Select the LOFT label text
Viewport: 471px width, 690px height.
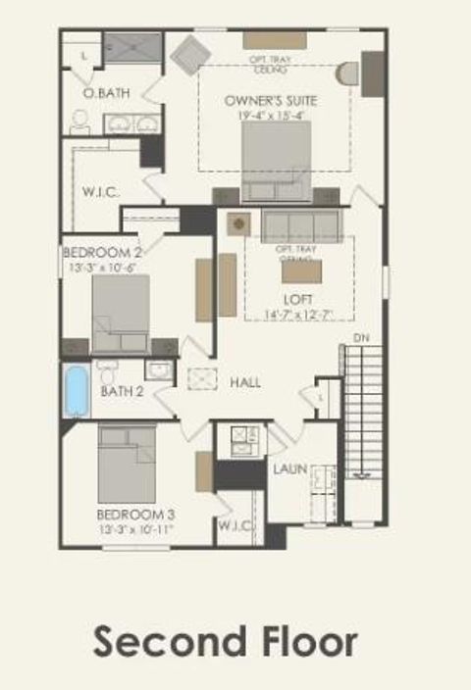point(297,300)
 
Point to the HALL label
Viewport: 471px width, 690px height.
point(245,382)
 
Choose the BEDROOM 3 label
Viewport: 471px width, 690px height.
point(135,515)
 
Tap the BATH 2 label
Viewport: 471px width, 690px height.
point(123,392)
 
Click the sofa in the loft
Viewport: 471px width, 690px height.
point(300,225)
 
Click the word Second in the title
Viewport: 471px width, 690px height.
point(165,643)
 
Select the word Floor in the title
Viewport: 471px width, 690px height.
point(306,643)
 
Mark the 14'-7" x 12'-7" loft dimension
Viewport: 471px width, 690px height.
point(298,314)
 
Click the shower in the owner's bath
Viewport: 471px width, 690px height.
point(132,46)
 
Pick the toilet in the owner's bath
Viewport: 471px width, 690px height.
point(80,121)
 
